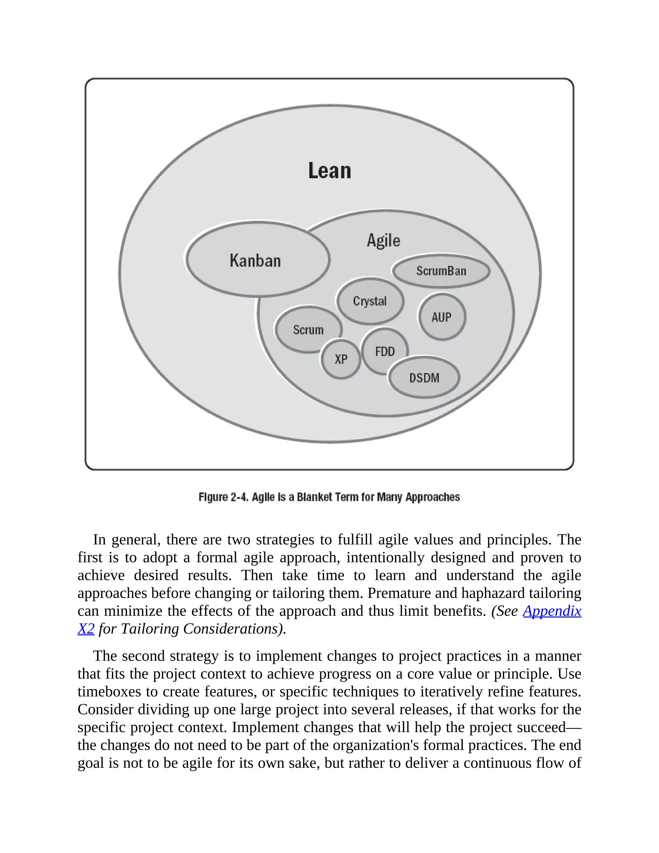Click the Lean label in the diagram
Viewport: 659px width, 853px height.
coord(329,171)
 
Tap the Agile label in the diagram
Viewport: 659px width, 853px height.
coord(383,240)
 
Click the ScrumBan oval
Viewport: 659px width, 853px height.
coord(441,271)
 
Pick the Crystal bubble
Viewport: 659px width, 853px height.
coord(370,301)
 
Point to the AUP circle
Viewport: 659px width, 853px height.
coord(441,317)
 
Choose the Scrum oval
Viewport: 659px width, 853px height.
coord(308,330)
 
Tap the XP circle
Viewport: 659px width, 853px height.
coord(341,359)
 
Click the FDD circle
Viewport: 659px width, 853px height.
coord(385,352)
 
